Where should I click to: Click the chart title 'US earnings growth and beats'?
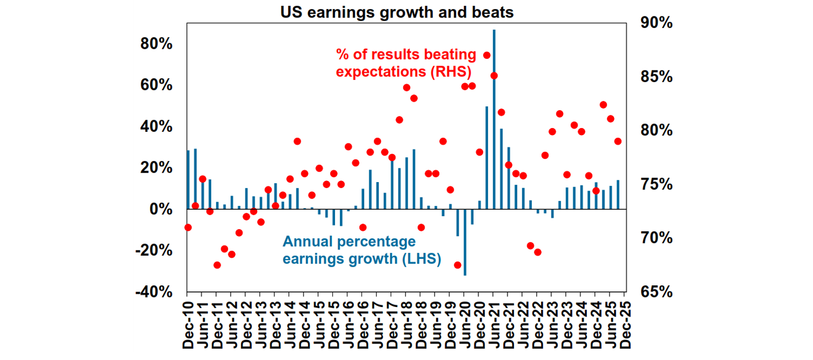397,12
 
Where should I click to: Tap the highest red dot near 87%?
487,55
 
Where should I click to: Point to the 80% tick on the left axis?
157,44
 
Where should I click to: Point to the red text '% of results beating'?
406,54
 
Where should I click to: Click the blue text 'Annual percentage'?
349,242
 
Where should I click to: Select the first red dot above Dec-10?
188,227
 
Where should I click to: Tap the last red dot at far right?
618,141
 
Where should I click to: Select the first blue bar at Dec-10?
188,180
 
